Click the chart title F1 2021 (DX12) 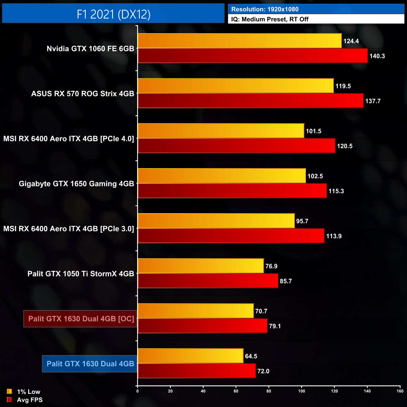[113, 14]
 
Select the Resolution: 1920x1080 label [265, 9]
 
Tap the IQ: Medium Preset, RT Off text [270, 19]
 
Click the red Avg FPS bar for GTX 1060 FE [253, 56]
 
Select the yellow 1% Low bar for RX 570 [236, 86]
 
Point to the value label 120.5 [344, 146]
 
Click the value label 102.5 [315, 176]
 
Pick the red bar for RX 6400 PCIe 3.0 [231, 236]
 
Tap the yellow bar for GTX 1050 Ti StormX [201, 266]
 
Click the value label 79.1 [275, 326]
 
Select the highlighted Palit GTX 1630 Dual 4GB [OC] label [80, 319]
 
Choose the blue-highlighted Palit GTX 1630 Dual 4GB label [90, 364]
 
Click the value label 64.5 [251, 356]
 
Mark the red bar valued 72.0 [197, 371]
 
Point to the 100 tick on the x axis [301, 391]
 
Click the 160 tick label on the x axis [400, 391]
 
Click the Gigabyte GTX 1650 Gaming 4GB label [76, 184]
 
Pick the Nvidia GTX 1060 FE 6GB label [90, 49]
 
